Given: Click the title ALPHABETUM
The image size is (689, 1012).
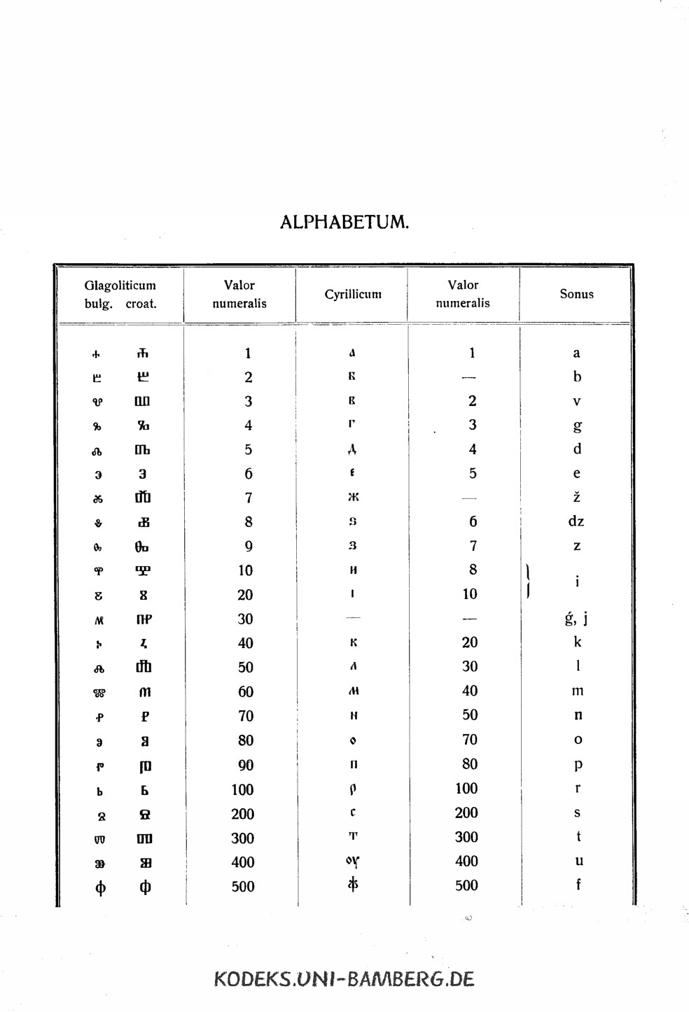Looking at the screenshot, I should [344, 223].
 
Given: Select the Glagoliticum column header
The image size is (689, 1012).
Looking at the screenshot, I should [120, 286].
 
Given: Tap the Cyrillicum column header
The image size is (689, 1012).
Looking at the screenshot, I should [352, 295].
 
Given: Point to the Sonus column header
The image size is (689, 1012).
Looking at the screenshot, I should [576, 294].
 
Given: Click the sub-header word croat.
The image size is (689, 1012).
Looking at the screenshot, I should [141, 304].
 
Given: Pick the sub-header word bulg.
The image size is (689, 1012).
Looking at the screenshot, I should [98, 304].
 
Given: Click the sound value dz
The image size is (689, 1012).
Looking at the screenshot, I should [576, 521].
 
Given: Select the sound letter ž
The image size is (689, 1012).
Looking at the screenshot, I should [577, 497].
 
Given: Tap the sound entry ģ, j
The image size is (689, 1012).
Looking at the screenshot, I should [576, 618].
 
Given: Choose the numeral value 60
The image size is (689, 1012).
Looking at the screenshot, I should [245, 691].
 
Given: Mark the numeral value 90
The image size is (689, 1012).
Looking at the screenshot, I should [245, 765].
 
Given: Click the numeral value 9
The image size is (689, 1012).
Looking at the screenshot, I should [248, 547].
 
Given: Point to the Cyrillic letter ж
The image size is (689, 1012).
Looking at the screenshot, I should [353, 498].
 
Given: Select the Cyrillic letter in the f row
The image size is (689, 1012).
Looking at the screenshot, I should [353, 885].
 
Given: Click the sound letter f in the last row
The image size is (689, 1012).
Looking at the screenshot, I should [578, 885].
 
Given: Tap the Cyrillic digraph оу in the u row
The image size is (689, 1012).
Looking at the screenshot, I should [353, 862].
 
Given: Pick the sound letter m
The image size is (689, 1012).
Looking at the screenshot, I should [577, 691].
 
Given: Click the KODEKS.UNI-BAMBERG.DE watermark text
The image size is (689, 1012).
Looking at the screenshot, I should [344, 978].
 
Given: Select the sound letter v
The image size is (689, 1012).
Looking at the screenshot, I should [577, 401].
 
